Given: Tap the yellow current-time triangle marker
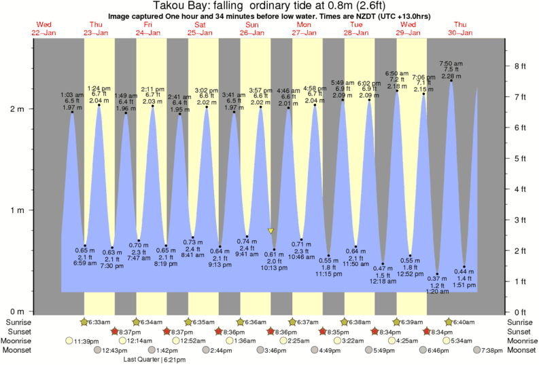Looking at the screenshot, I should pyautogui.click(x=271, y=231).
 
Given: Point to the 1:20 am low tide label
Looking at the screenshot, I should pyautogui.click(x=437, y=285).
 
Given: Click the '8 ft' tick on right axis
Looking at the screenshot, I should pyautogui.click(x=520, y=66).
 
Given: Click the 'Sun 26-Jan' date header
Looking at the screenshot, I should pyautogui.click(x=251, y=28).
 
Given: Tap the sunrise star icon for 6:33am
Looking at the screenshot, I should pyautogui.click(x=84, y=322).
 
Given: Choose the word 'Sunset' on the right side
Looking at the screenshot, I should pyautogui.click(x=522, y=332).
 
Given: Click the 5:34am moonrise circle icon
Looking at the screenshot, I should pyautogui.click(x=447, y=341).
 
